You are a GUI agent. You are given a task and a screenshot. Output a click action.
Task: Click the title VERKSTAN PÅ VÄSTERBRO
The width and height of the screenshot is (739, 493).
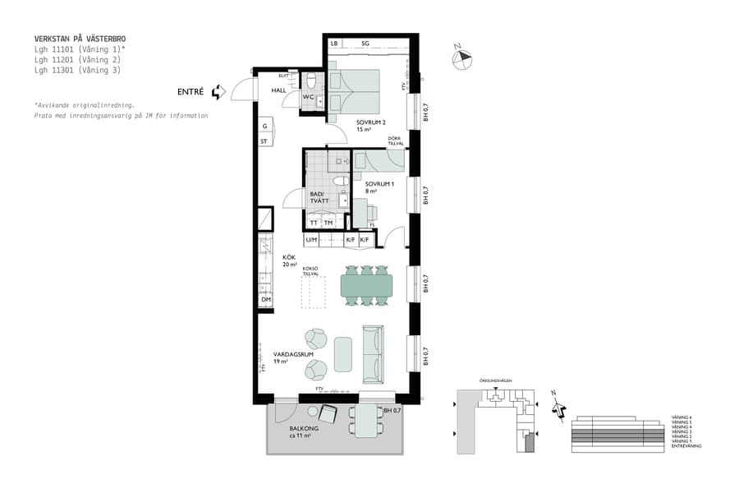(x=80, y=39)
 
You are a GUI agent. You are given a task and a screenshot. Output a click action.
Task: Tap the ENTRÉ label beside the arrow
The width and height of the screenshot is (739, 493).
(x=190, y=92)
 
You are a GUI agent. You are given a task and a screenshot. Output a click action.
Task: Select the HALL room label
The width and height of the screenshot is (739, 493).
(x=279, y=91)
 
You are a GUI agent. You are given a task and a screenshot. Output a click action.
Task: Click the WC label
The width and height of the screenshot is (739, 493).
(x=308, y=97)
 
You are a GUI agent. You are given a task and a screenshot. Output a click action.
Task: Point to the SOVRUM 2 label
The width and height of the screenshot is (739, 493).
(x=371, y=122)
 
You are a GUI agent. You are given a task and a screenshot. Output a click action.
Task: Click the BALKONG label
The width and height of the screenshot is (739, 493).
(x=303, y=429)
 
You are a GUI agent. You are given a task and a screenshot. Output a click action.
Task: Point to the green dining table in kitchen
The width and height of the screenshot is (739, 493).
(x=367, y=285)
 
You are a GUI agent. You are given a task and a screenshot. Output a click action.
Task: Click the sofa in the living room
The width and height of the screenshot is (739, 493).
(x=373, y=354)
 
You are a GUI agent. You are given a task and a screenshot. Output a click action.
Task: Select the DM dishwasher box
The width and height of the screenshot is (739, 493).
(x=266, y=301)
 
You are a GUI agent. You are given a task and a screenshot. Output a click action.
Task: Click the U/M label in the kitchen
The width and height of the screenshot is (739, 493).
(x=311, y=240)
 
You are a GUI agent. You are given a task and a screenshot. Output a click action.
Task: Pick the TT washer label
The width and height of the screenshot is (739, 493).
(x=314, y=223)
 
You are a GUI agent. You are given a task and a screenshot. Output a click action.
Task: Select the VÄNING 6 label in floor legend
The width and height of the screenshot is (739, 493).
(x=682, y=417)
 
